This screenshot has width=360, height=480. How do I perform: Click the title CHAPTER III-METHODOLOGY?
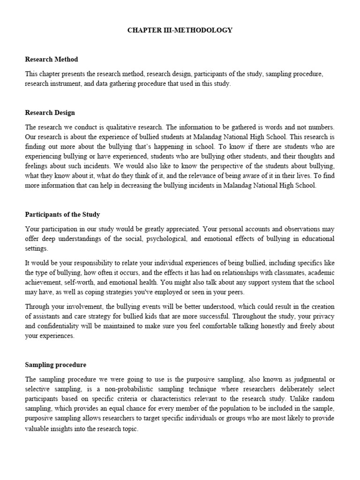click(180, 30)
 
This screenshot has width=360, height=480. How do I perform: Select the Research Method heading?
click(51, 60)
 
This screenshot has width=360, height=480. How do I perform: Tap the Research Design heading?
click(50, 113)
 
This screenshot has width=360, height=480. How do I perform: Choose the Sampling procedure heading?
click(55, 364)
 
